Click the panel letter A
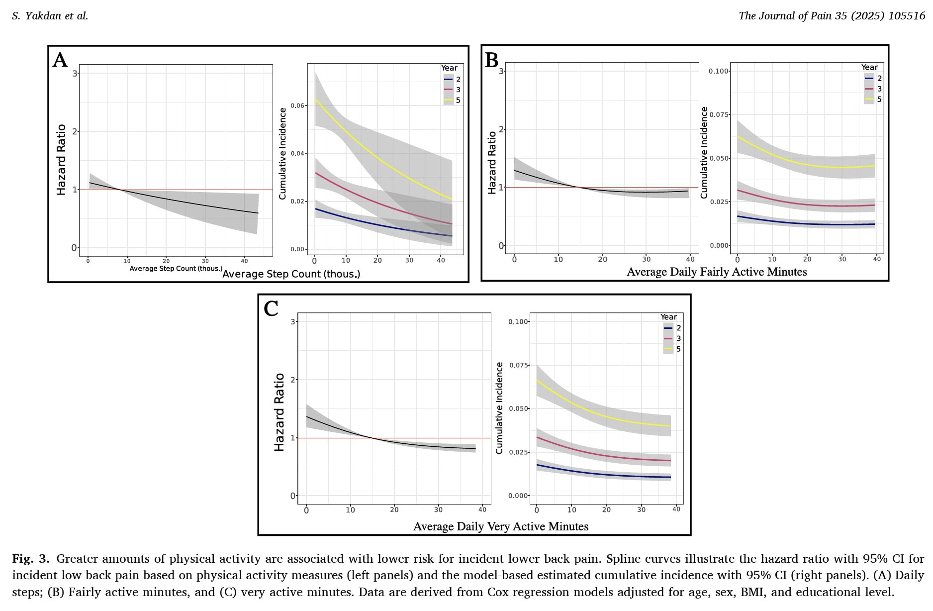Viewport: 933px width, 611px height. pos(60,60)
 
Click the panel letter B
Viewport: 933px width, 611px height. pos(491,60)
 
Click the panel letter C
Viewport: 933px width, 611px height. pos(271,308)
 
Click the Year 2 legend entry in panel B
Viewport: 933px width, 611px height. pos(873,79)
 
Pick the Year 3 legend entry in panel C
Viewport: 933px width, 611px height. pos(672,339)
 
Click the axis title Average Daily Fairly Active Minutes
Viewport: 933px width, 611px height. pos(717,272)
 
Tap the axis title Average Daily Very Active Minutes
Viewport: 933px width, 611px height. pos(500,526)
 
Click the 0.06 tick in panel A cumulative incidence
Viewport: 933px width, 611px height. pos(297,105)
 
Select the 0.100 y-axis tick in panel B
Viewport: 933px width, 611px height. pos(718,71)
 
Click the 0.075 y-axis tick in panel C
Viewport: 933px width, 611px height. pos(518,365)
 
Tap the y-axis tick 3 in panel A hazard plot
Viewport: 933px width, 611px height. pos(75,73)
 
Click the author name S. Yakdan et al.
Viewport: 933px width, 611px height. pos(50,16)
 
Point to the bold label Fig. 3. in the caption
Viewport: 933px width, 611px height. pos(30,559)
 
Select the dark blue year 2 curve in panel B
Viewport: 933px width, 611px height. pos(806,223)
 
